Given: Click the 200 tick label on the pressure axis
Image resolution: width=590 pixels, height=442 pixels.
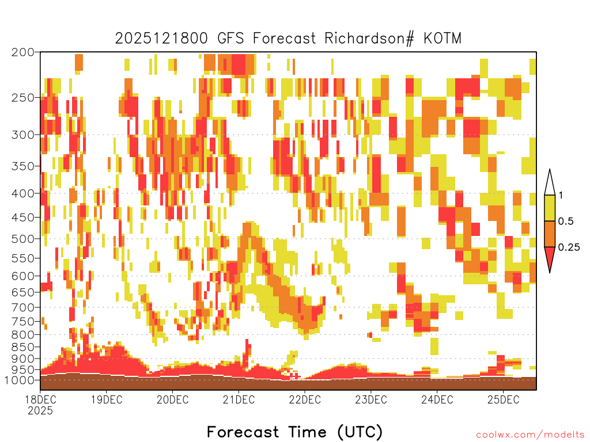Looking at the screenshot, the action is [22, 52].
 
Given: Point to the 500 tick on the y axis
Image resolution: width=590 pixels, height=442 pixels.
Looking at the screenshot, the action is [22, 239].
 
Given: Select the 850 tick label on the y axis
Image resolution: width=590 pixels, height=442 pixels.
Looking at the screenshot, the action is [22, 347].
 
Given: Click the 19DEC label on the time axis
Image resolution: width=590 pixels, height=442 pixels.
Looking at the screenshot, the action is [107, 399].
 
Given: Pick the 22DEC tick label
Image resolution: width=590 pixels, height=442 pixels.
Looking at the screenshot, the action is [305, 399].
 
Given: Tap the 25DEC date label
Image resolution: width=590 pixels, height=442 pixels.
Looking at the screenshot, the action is [503, 399].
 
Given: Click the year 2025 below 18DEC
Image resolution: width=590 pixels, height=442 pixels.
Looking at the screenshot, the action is [40, 410].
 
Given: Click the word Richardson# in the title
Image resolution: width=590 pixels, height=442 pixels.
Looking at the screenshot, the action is [369, 39].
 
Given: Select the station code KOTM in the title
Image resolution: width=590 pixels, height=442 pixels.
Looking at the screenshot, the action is [442, 39].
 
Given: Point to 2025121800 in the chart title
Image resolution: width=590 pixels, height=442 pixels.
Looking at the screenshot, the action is [161, 39].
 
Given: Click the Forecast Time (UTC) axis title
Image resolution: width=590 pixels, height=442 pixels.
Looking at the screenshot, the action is [294, 432].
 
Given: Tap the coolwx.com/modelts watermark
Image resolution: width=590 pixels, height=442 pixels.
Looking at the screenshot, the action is [530, 435].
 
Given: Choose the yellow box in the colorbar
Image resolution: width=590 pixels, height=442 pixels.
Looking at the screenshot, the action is [550, 208].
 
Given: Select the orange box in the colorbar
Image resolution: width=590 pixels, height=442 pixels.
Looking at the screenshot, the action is [550, 234].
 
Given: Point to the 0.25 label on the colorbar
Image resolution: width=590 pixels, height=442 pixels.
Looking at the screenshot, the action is [569, 247].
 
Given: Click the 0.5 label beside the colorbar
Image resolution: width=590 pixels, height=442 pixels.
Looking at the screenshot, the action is [566, 221].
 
